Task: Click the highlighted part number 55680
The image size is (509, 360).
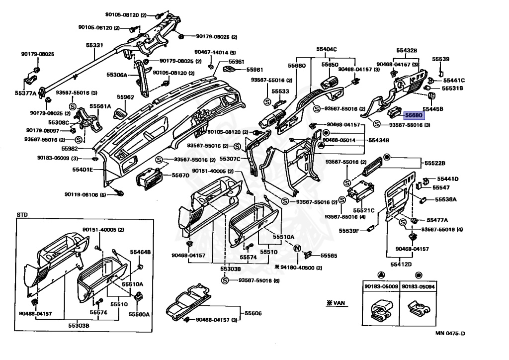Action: point(414,115)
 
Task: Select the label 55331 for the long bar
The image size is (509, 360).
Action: point(94,45)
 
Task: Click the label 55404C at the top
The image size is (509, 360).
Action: point(327,49)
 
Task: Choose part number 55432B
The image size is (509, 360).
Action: point(407,50)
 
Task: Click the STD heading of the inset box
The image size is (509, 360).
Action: point(22,214)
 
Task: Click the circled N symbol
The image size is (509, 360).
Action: point(297,248)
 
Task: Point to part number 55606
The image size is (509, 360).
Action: point(253,314)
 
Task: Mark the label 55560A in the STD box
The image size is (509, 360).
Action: point(139,314)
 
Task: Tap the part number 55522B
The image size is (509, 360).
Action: point(434,163)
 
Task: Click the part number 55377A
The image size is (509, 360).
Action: point(25,93)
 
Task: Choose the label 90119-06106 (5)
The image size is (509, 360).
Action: point(85,194)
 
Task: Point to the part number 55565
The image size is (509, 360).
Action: point(329,256)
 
